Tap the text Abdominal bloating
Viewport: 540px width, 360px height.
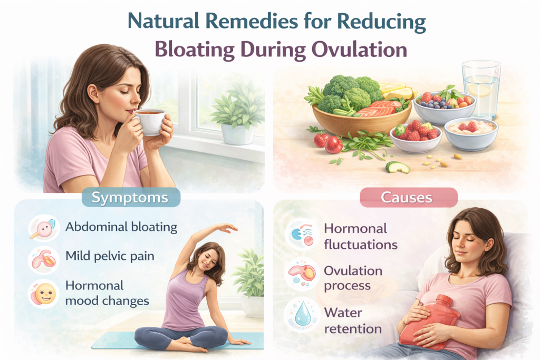click(121, 228)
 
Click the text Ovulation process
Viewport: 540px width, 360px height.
click(353, 278)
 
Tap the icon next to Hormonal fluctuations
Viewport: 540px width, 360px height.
click(302, 235)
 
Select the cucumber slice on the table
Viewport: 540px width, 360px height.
click(397, 167)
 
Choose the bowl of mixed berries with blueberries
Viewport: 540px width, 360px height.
click(442, 103)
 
